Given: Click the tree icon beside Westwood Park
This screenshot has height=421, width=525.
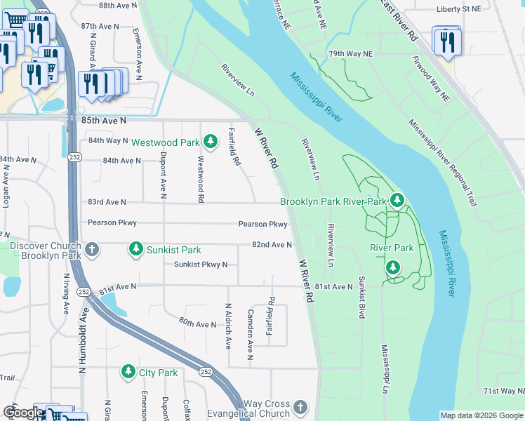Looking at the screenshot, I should click(210, 142).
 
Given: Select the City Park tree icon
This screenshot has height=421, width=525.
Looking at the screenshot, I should click(128, 373).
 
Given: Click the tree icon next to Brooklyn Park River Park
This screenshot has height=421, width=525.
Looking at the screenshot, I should click(397, 201).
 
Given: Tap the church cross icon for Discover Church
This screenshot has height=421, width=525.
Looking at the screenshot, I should click(91, 249).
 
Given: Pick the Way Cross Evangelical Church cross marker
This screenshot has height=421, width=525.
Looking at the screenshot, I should click(300, 408).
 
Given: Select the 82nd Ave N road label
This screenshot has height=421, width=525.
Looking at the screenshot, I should click(272, 244).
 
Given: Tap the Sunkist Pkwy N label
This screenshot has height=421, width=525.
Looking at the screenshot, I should click(201, 265).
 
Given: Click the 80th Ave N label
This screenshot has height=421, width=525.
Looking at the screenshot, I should click(197, 323).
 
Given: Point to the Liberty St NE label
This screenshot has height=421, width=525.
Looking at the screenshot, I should click(459, 8).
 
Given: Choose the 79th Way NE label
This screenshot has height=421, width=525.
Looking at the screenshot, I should click(351, 54).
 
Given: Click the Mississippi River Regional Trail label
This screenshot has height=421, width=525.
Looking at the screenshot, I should click(441, 162).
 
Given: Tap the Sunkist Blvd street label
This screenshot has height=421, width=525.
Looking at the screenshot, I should click(361, 298).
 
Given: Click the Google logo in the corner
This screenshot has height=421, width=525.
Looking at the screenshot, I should click(23, 413).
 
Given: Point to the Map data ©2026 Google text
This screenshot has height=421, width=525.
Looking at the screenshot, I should click(481, 415).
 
